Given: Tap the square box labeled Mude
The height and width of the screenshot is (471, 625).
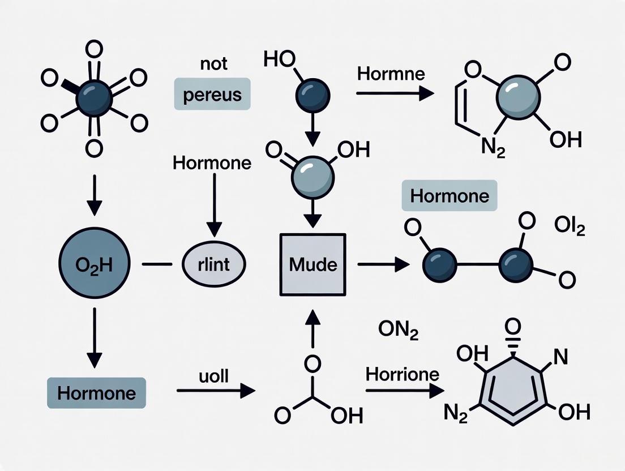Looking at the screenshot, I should [312, 264].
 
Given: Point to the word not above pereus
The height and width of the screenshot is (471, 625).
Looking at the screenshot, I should [213, 64].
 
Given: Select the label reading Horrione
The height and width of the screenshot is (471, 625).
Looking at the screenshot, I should [403, 374].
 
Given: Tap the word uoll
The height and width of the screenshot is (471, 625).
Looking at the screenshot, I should [213, 376].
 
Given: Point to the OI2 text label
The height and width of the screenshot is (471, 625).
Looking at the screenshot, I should [569, 229].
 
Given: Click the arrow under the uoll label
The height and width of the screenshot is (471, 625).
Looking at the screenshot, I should [216, 390].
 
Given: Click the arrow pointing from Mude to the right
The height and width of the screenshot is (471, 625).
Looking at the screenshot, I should [383, 264].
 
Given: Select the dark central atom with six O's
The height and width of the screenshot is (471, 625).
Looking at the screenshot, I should [94, 97].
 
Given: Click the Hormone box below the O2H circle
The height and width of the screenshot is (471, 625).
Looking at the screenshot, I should [96, 393].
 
